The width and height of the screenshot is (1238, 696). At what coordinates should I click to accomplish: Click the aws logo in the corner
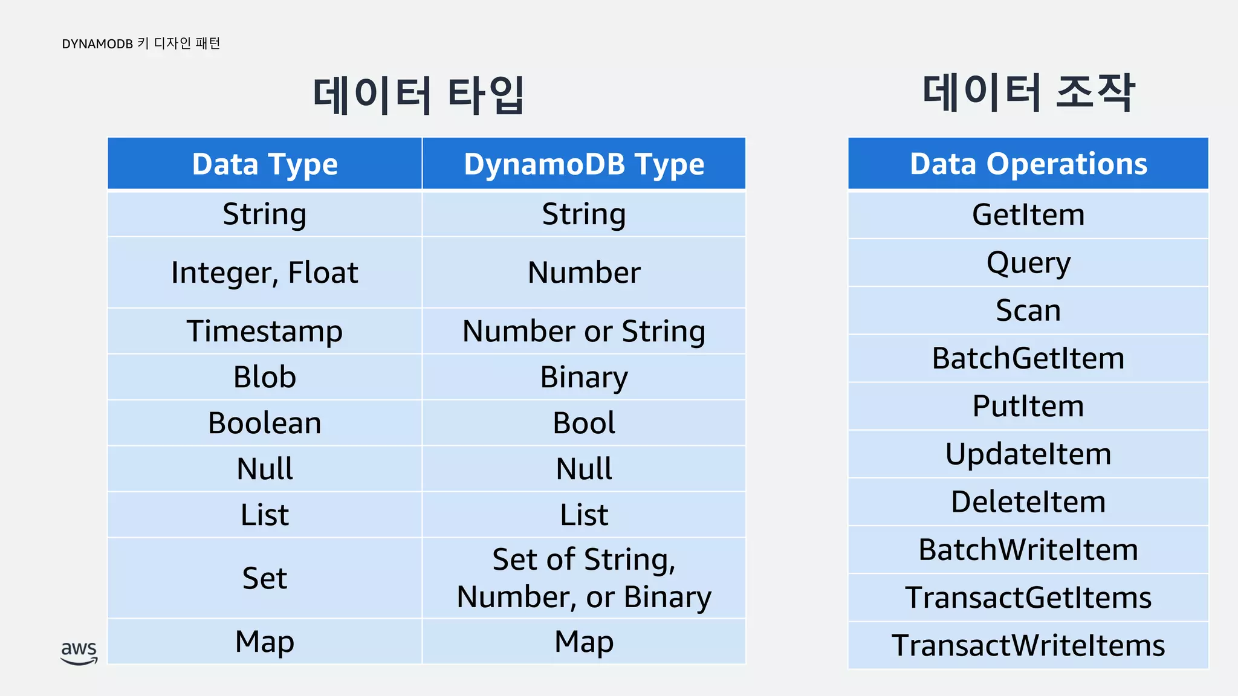79,652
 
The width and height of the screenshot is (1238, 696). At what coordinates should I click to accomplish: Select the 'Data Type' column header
265,164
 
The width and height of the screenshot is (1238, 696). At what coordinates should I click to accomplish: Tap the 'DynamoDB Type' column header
584,164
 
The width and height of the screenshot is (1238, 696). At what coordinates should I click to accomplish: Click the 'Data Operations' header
1028,164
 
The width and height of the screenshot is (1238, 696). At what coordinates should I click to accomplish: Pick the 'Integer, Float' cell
265,272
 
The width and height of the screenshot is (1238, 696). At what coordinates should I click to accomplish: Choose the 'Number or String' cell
584,331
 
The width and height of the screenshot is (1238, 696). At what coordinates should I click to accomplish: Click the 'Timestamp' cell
265,331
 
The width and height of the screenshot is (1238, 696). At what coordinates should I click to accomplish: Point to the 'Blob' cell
265,377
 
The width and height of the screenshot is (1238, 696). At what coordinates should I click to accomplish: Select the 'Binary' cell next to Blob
584,377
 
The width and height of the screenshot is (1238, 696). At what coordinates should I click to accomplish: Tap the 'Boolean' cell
265,423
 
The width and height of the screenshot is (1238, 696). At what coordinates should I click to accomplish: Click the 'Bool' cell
584,423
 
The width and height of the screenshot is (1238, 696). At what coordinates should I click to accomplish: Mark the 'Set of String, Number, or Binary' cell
584,578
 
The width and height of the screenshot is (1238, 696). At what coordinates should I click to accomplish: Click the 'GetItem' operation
1028,215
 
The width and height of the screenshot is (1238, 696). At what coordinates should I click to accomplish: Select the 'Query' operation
1028,263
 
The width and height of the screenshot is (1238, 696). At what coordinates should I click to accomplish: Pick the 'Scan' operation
1028,311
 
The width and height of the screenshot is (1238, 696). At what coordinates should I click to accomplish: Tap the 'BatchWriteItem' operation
1028,550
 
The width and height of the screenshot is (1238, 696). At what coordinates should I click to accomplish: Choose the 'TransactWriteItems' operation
1028,645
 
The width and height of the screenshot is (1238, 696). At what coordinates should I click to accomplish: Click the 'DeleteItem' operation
1028,502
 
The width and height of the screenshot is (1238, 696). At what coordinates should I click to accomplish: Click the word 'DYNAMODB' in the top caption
97,44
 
